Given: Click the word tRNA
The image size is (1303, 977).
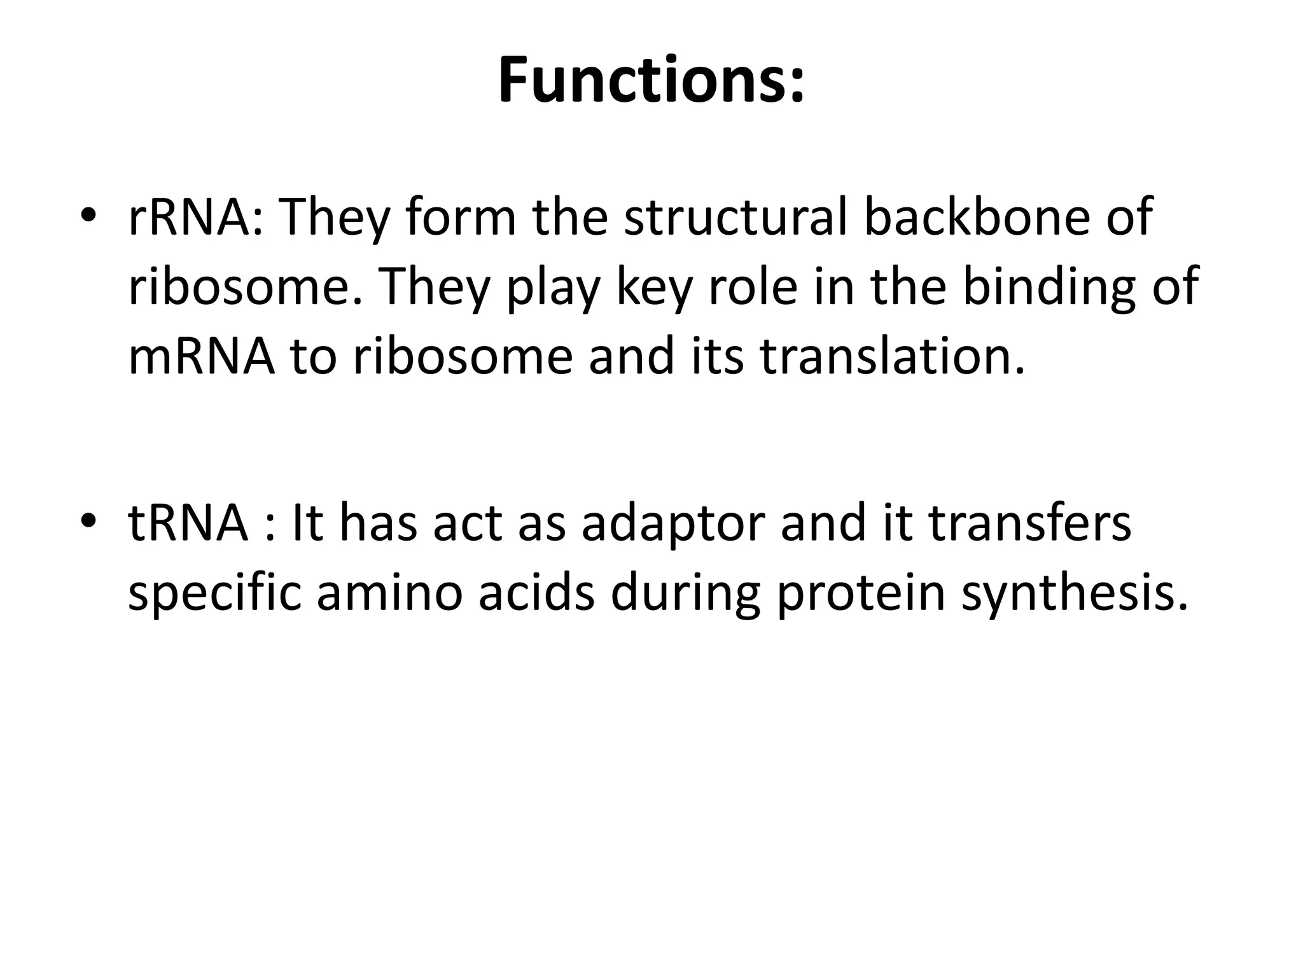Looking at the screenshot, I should pyautogui.click(x=187, y=523).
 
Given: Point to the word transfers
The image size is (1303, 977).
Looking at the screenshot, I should pyautogui.click(x=1030, y=523).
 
